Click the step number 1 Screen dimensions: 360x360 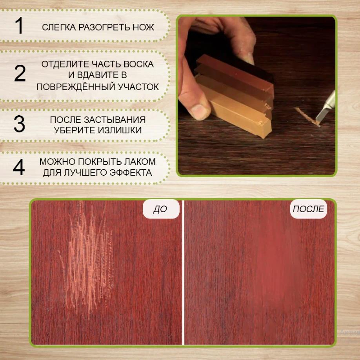coord(19,25)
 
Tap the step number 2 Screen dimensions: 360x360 coord(20,73)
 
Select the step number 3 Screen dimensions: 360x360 coord(19,124)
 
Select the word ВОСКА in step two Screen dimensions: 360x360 coord(139,64)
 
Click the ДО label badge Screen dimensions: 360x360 coord(161,209)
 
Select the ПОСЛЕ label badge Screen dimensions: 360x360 coord(308,209)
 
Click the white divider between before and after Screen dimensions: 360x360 coord(183,273)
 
